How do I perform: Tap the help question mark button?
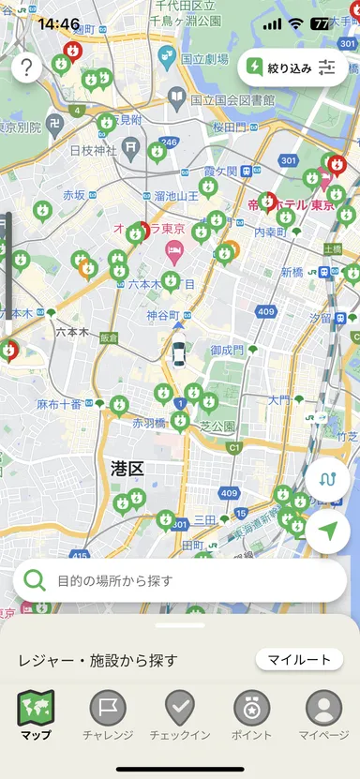[27, 67]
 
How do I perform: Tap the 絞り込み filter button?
[292, 67]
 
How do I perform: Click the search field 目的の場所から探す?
[180, 580]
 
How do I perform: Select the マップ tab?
[37, 715]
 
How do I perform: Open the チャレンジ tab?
[108, 715]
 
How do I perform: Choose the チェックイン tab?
[180, 715]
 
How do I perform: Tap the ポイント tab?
[251, 715]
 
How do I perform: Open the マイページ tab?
[323, 715]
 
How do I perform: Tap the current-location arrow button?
[327, 531]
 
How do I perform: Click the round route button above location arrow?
[327, 478]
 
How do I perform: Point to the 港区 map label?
[126, 467]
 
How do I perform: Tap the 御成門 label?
[227, 350]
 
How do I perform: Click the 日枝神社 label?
[93, 150]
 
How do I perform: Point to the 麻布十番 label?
[59, 404]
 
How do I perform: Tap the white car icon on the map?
[178, 353]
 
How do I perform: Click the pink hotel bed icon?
[174, 249]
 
